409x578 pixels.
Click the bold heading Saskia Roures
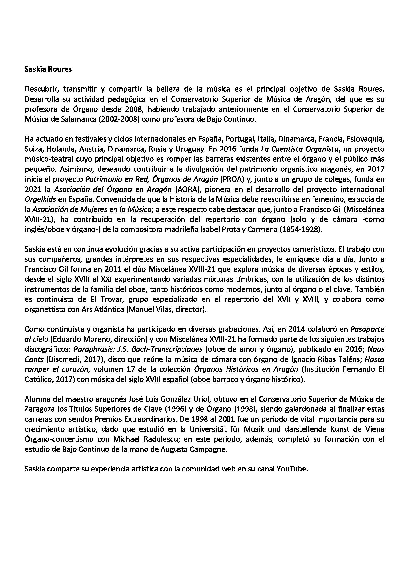point(48,69)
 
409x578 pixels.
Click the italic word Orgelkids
point(41,199)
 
